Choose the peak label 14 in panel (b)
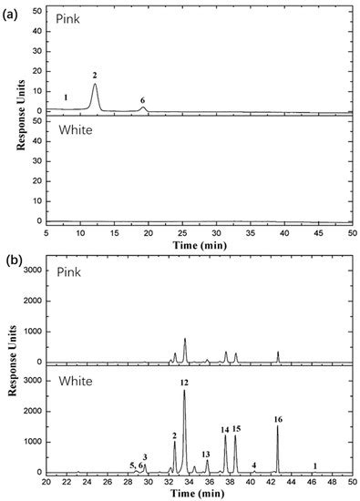[224, 429]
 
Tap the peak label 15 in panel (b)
[236, 428]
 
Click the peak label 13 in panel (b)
[206, 454]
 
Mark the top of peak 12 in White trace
[184, 391]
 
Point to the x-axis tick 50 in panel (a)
[353, 234]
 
